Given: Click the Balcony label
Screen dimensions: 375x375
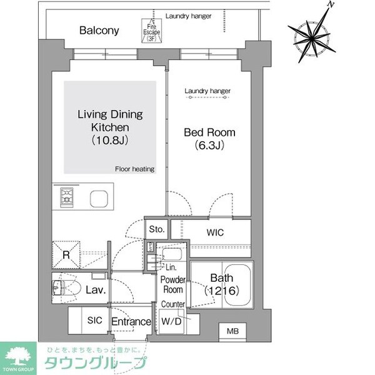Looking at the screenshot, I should (99, 30).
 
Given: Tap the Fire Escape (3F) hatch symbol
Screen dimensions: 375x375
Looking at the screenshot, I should (150, 31).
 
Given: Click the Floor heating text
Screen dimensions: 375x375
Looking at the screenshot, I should (134, 169).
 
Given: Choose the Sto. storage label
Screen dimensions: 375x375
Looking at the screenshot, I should (157, 229).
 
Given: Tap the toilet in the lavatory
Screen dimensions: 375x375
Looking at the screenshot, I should (66, 289).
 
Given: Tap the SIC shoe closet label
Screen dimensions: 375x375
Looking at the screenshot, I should (94, 320).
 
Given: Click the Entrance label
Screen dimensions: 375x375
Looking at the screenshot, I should (131, 322).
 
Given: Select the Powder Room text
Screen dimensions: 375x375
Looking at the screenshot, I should (172, 284).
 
